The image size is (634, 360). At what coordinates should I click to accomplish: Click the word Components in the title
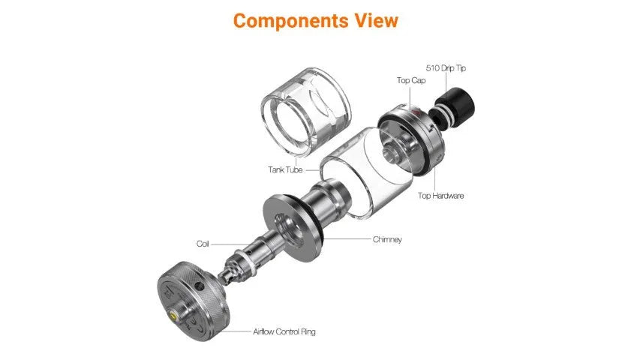point(290,21)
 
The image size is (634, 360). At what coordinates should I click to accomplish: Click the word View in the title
point(377,20)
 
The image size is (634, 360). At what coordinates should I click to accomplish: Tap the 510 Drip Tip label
point(446,68)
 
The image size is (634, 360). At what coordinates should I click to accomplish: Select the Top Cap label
point(411,80)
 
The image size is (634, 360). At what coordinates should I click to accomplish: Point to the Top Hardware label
point(440,196)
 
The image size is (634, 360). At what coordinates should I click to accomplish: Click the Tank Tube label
point(285,169)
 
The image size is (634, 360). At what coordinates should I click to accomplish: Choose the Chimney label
point(387,239)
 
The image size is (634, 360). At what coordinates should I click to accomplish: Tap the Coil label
point(203,244)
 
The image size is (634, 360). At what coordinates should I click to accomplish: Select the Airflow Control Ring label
point(284,331)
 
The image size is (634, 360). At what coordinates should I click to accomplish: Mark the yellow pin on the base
point(175,314)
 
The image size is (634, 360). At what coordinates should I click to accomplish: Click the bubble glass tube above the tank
point(305,111)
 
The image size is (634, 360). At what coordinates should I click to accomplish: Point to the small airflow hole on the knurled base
point(198,286)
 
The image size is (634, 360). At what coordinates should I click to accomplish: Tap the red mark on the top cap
point(413,110)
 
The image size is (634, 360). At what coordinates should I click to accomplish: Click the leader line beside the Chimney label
point(347,239)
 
